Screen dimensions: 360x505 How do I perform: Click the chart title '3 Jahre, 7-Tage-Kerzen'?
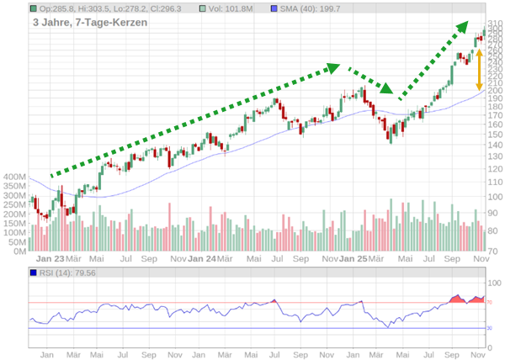click(x=90, y=23)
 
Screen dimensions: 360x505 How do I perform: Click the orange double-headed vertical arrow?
click(x=480, y=70)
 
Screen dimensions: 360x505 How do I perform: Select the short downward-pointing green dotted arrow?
click(x=370, y=79)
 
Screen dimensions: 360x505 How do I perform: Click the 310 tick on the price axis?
click(x=495, y=24)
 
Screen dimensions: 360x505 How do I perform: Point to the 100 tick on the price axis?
click(x=495, y=195)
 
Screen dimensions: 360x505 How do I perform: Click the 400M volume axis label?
click(x=15, y=177)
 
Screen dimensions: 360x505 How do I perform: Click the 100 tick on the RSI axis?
click(x=495, y=283)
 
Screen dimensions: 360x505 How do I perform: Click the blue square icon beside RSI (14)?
click(x=33, y=273)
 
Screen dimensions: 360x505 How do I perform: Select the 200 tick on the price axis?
click(x=495, y=91)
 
